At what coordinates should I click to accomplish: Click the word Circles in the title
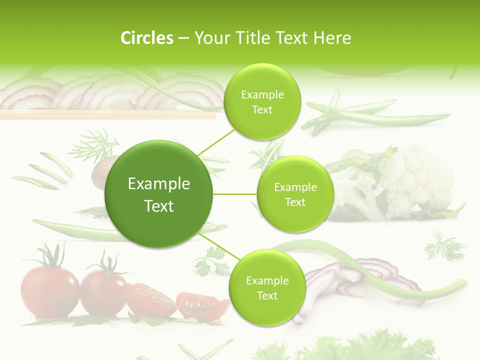[147, 38]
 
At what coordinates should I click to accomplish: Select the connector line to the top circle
[216, 142]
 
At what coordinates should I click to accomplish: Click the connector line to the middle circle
[235, 194]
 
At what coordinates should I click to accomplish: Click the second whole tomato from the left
[103, 292]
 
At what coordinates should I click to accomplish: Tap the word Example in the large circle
[159, 184]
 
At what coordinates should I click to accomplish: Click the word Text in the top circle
[262, 110]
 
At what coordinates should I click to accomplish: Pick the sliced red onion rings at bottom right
[360, 282]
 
